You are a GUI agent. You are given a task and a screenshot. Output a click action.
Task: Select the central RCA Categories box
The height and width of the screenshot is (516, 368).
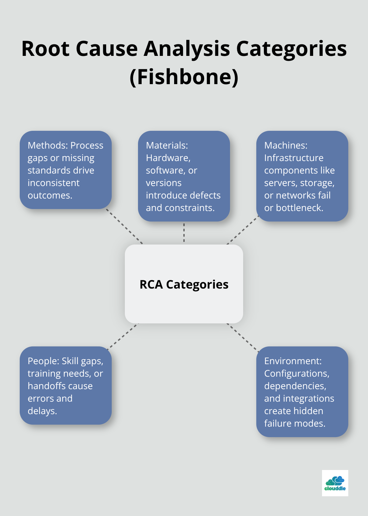(x=184, y=284)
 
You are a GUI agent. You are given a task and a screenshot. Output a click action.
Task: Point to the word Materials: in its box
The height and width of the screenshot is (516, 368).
(x=167, y=145)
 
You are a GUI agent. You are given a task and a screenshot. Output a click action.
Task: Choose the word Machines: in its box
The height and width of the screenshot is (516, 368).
(x=286, y=145)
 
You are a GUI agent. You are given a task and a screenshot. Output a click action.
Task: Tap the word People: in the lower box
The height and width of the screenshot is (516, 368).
(x=43, y=361)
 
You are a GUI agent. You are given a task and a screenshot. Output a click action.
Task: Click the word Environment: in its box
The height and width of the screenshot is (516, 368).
(x=293, y=361)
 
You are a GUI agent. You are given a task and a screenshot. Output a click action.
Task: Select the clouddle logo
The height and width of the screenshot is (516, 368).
(x=335, y=483)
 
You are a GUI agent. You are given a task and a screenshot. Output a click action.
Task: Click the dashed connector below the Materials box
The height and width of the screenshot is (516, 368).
(x=184, y=233)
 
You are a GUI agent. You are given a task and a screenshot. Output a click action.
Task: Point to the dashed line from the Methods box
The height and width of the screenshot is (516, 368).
(x=125, y=226)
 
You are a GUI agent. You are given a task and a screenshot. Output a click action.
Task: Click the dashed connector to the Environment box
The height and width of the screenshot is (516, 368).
(x=242, y=338)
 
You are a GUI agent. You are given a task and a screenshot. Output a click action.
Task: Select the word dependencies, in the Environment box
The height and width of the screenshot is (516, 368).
(x=295, y=386)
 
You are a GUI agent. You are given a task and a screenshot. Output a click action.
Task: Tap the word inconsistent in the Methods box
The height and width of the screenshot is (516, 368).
(x=54, y=183)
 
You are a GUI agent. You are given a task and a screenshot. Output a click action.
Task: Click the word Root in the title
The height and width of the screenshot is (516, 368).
(x=45, y=49)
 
